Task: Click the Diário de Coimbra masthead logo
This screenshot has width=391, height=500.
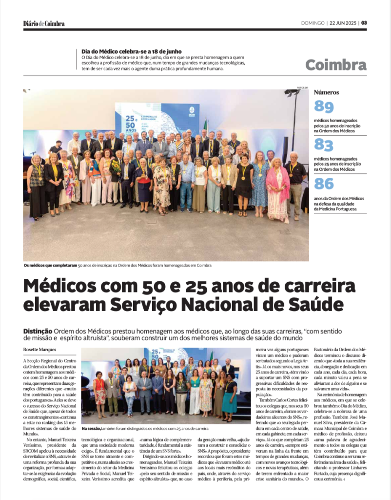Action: (44, 23)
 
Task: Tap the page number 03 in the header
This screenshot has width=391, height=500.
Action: (364, 23)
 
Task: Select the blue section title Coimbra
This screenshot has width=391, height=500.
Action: (335, 65)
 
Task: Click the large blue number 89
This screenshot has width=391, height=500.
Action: (324, 106)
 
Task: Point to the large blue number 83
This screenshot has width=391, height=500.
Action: (324, 145)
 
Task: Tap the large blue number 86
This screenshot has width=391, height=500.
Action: (324, 184)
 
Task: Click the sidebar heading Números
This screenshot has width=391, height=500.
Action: (327, 92)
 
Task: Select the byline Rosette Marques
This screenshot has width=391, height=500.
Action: (40, 349)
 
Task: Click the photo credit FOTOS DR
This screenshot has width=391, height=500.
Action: (303, 88)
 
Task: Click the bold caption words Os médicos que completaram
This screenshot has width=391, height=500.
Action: (50, 265)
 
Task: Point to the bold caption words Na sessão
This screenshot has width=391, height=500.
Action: (91, 428)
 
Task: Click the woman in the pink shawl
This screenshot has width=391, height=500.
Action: (277, 188)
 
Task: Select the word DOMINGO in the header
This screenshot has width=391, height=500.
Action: (313, 23)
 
